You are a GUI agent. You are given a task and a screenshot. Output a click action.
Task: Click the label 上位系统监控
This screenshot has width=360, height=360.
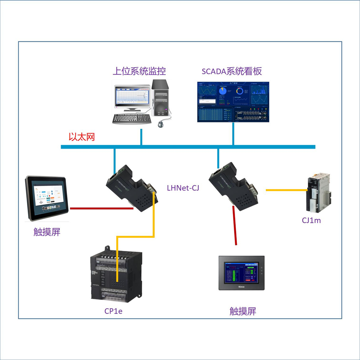pyautogui.click(x=139, y=71)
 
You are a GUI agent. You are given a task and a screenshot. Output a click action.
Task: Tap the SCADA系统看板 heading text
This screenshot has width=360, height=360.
pyautogui.click(x=231, y=71)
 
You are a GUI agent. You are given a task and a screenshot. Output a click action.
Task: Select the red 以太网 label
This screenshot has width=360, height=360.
pyautogui.click(x=82, y=137)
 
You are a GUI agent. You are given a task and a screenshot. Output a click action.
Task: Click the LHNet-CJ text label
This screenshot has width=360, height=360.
pyautogui.click(x=183, y=188)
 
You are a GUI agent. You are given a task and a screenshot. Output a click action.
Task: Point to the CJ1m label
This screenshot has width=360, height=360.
pyautogui.click(x=311, y=220)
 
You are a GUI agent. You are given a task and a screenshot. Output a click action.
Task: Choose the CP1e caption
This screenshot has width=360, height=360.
pyautogui.click(x=113, y=311)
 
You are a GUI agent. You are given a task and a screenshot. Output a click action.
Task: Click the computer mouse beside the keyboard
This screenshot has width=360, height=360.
pyautogui.click(x=161, y=124)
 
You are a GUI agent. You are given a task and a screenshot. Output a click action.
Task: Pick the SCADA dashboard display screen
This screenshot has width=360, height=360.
pyautogui.click(x=233, y=102)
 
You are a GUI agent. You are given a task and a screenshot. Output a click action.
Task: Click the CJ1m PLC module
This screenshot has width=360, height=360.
pyautogui.click(x=318, y=195)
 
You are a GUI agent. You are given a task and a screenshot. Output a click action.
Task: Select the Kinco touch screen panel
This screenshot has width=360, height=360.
pyautogui.click(x=242, y=273)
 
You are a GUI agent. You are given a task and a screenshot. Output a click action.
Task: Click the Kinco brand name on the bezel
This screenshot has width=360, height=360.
pyautogui.click(x=242, y=287)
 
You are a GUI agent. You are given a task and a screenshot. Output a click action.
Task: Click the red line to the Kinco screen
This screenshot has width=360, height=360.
pyautogui.click(x=235, y=227)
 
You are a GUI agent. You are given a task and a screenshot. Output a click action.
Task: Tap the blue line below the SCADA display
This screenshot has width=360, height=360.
pyautogui.click(x=233, y=134)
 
